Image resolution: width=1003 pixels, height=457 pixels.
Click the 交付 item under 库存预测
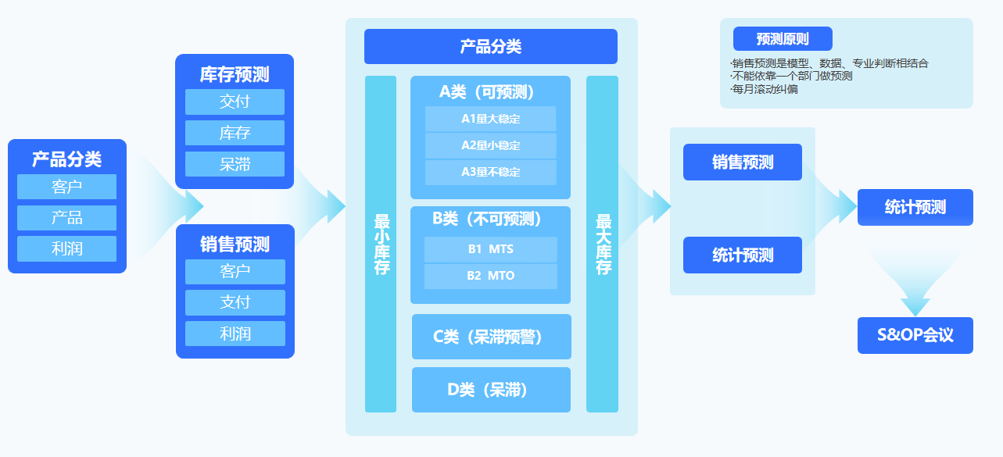(235, 102)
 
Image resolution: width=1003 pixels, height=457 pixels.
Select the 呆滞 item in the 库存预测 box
(235, 164)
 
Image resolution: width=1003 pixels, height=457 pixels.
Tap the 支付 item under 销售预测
(235, 302)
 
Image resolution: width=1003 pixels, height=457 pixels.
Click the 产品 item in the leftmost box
(66, 218)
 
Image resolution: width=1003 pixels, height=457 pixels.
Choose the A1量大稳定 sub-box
(490, 119)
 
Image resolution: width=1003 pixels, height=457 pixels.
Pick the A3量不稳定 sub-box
(490, 172)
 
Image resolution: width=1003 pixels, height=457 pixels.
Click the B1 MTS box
(490, 249)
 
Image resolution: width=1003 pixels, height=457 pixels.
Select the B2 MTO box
(490, 276)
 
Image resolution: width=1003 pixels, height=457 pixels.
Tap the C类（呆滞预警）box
(491, 337)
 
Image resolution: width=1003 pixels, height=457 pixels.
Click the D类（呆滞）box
(491, 389)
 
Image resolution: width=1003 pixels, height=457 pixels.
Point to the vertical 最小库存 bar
(381, 244)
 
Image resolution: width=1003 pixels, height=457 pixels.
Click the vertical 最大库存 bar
(602, 244)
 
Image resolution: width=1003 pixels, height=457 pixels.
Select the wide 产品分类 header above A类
(490, 47)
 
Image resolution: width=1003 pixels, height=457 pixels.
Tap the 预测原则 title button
(783, 39)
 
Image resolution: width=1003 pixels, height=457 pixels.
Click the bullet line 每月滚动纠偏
(765, 89)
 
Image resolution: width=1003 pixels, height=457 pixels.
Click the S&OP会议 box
(915, 335)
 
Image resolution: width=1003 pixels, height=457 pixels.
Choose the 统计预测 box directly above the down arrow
(915, 207)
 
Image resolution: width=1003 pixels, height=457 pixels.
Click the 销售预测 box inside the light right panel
(742, 162)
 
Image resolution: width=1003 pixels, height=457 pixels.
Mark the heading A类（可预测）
(490, 91)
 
